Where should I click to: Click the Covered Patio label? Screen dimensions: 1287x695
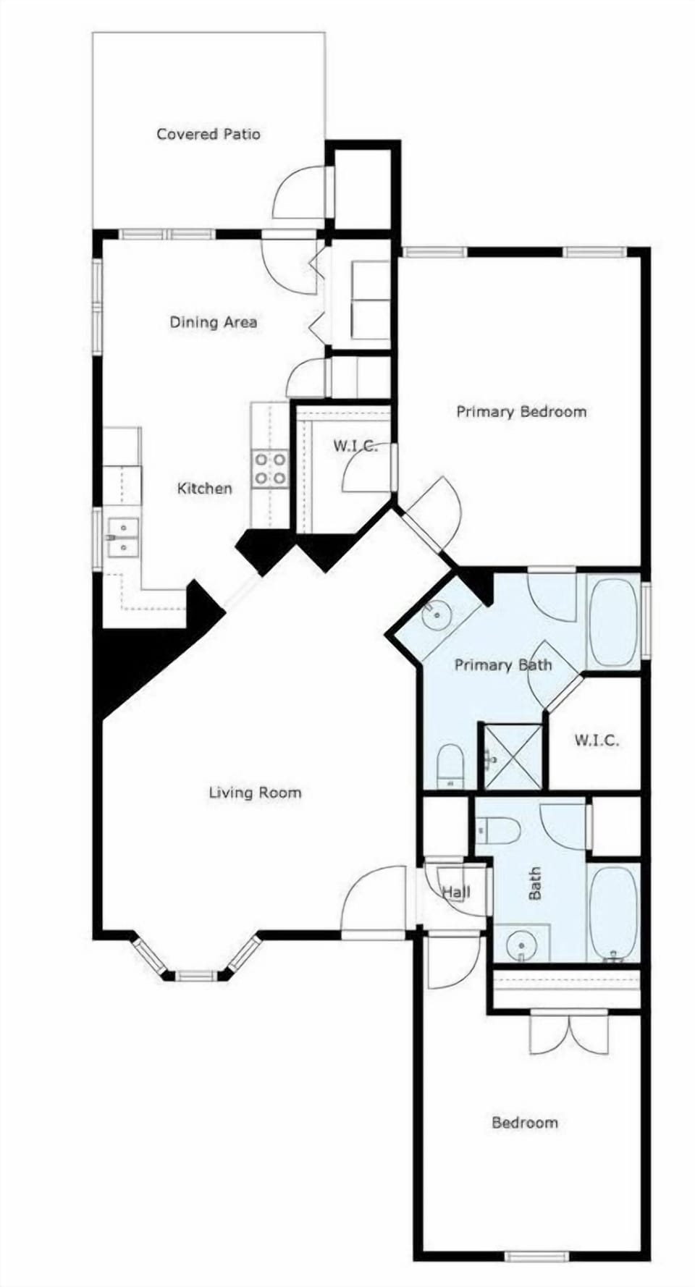[208, 134]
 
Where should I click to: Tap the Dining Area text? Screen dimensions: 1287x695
[213, 322]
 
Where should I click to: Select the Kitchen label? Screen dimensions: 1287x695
[205, 489]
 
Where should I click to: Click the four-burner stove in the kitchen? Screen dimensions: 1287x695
[269, 468]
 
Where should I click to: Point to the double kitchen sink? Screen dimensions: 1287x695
[122, 537]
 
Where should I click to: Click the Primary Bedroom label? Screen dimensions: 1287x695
[521, 412]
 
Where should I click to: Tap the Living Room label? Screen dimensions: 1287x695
[255, 793]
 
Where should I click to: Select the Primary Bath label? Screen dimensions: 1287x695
[502, 665]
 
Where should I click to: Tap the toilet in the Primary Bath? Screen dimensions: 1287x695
[450, 764]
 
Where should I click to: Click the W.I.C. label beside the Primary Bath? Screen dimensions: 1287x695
[597, 740]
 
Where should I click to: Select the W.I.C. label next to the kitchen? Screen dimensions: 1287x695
[355, 446]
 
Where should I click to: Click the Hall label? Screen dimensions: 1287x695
[456, 892]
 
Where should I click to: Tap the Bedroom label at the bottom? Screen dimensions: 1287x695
[524, 1123]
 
